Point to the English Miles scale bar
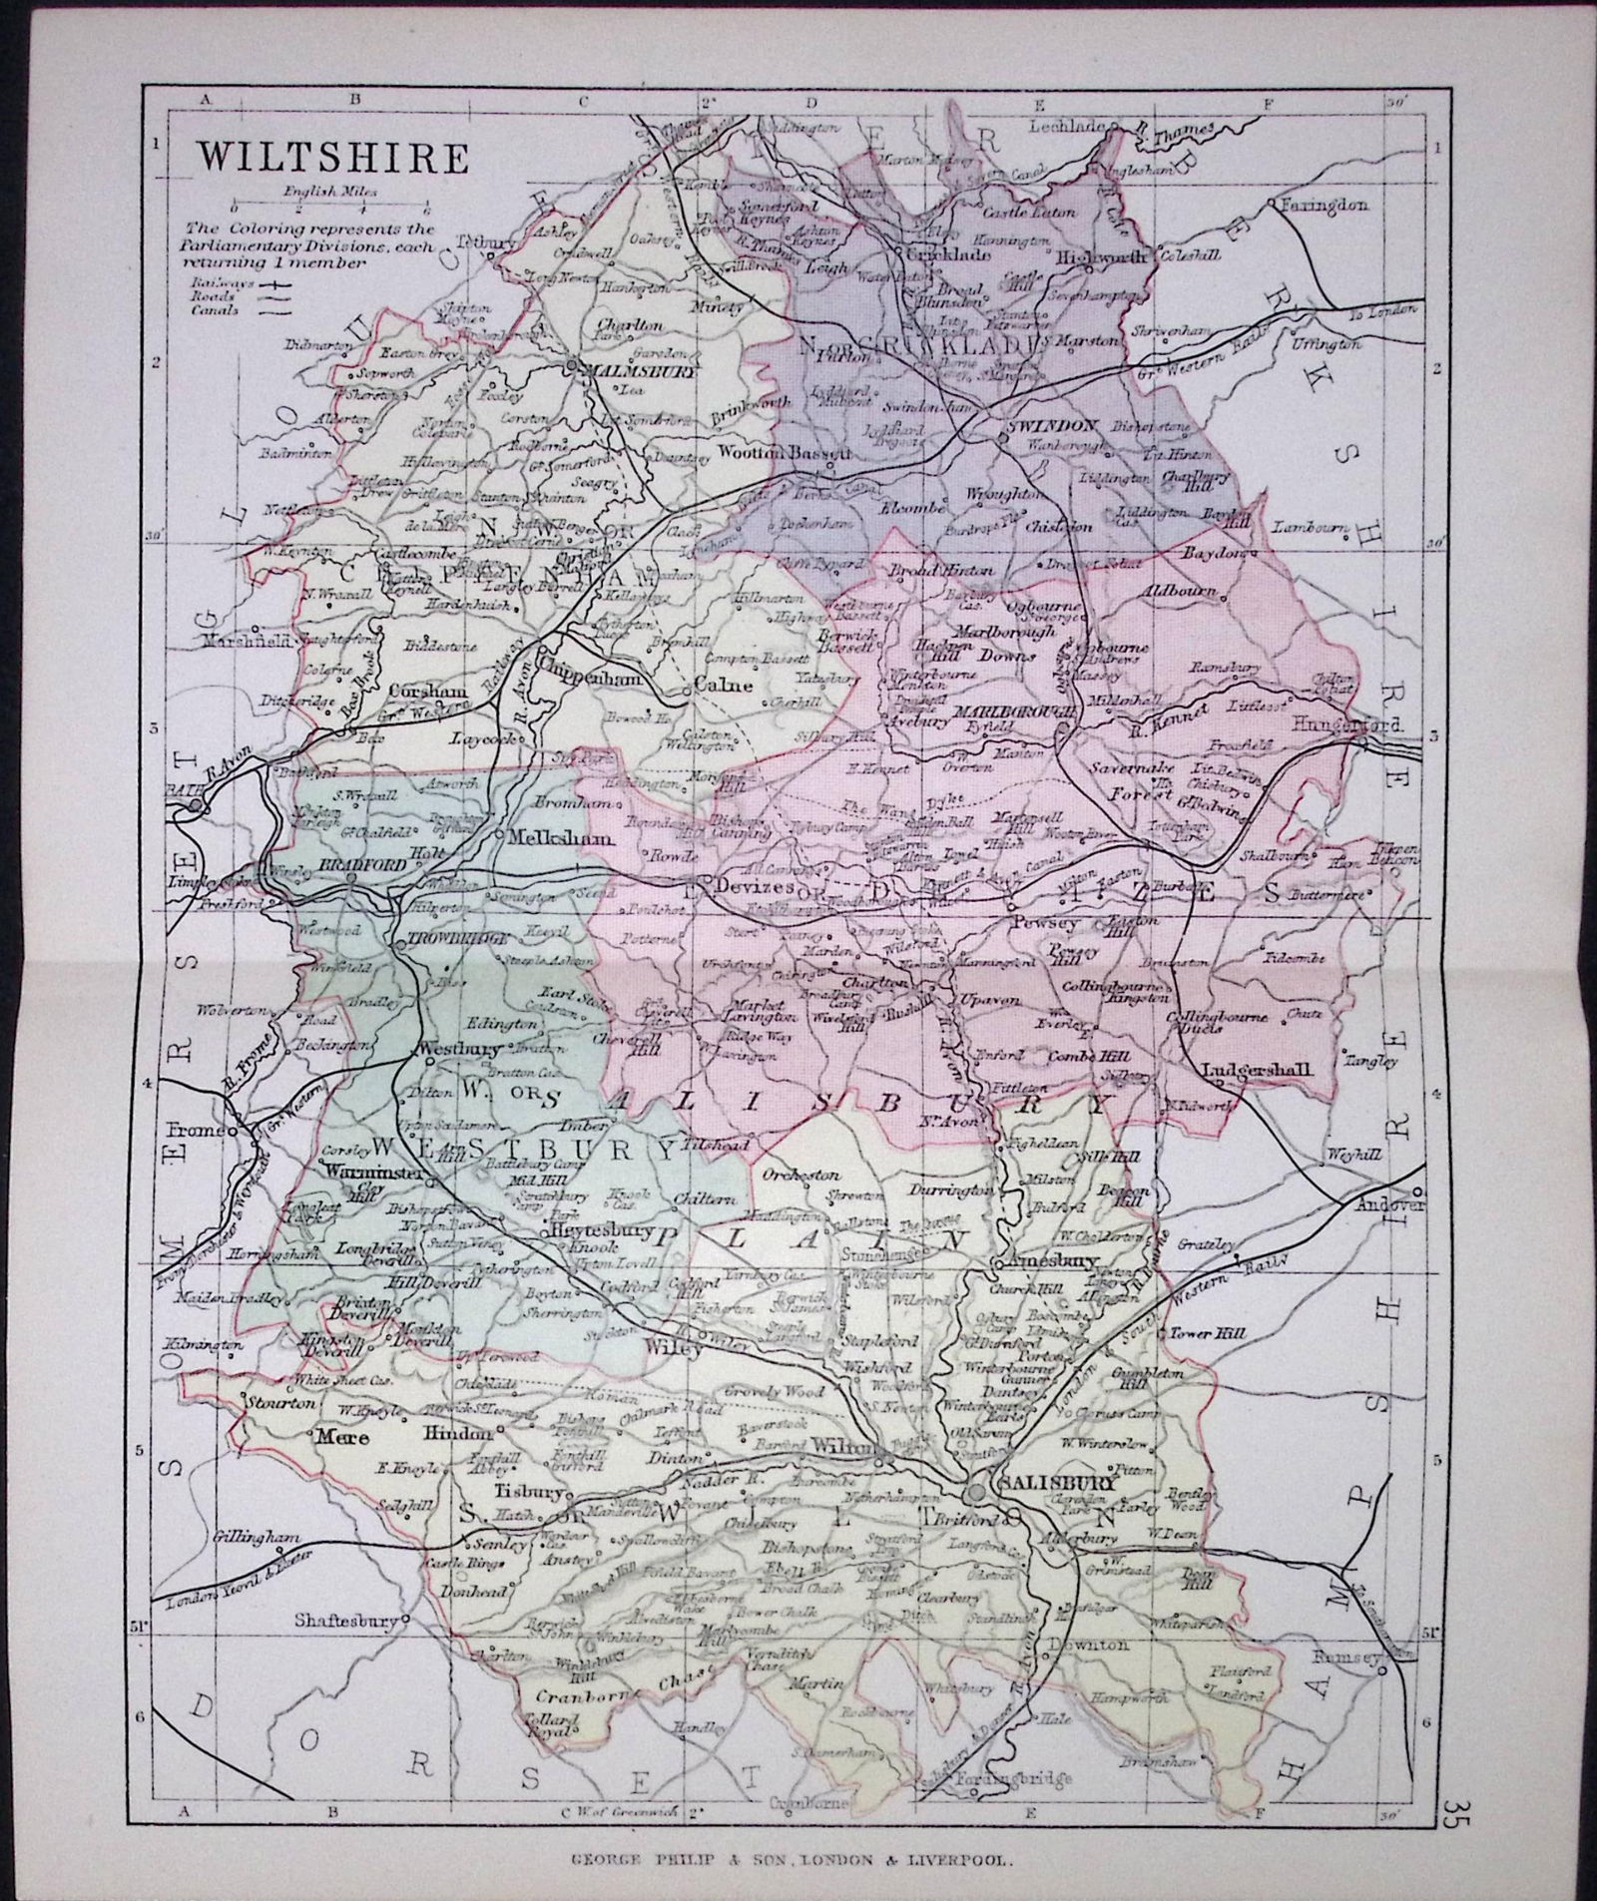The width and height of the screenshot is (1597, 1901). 329,207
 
